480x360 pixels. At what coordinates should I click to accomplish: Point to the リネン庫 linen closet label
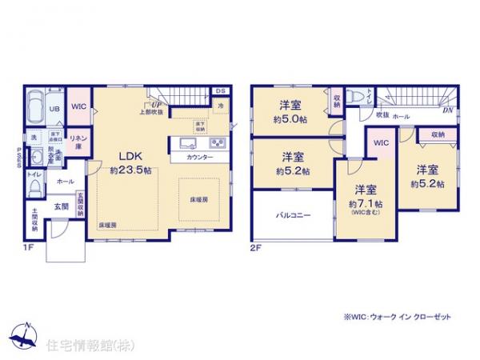78,141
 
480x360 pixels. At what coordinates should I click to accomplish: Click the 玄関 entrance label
61,206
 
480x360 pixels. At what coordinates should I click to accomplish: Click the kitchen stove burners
217,144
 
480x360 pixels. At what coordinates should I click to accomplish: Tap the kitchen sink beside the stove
186,144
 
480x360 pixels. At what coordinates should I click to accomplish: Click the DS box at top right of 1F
221,91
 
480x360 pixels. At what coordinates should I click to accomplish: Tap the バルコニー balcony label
292,214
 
